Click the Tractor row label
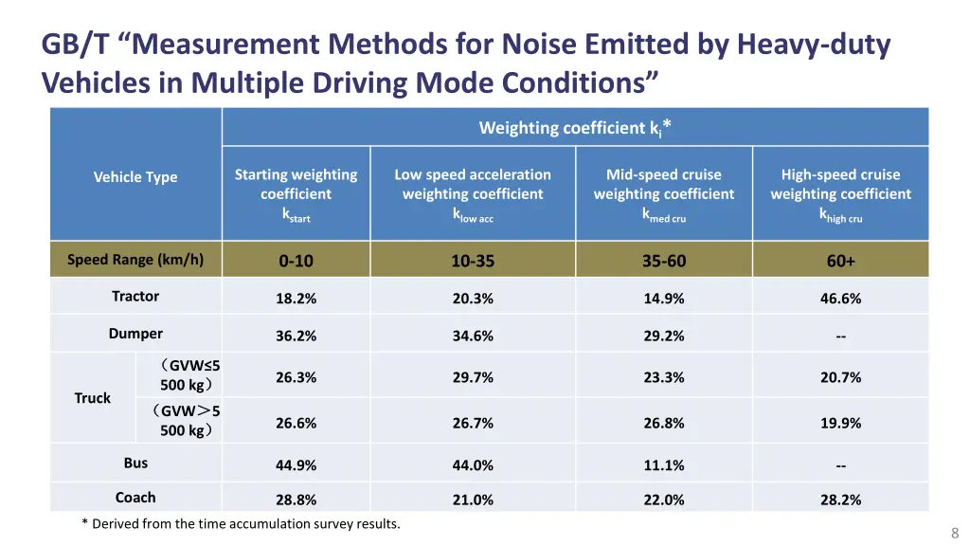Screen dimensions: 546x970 (135, 297)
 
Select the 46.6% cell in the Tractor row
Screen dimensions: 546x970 (840, 299)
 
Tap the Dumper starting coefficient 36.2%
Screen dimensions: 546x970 (296, 337)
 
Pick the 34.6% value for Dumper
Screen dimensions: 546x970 (473, 337)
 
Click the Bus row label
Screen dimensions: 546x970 (135, 464)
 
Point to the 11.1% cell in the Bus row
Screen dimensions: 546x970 (663, 465)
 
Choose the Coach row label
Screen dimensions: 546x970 (135, 498)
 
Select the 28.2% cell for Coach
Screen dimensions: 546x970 (840, 500)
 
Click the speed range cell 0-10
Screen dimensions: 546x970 (296, 261)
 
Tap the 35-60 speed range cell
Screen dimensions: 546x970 (663, 261)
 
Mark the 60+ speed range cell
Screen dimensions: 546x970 (840, 261)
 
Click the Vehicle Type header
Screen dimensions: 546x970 (135, 177)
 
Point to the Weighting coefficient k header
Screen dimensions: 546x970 (575, 128)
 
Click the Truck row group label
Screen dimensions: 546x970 (93, 398)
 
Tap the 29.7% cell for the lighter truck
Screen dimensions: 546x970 (473, 377)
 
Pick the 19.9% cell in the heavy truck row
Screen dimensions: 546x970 (840, 424)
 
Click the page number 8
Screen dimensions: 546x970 (955, 533)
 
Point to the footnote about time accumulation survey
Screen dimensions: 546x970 (242, 523)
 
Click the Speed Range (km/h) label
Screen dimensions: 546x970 (135, 260)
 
